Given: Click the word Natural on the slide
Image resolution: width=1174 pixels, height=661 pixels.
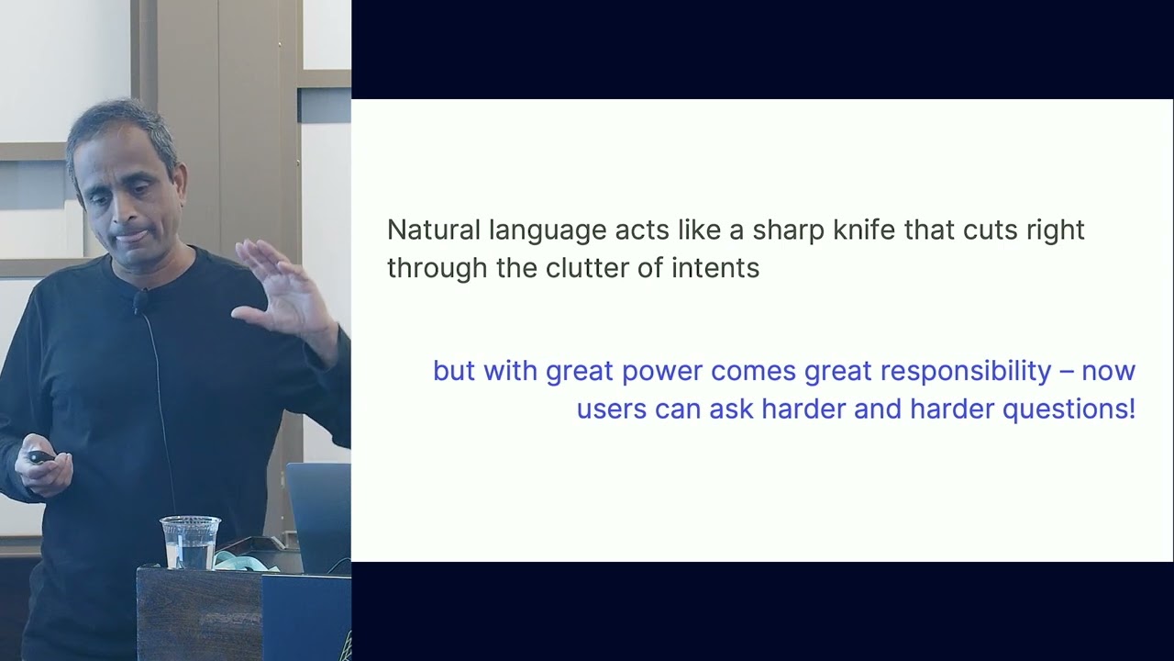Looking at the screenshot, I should pos(432,230).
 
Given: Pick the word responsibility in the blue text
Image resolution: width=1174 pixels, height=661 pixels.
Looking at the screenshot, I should pos(966,371).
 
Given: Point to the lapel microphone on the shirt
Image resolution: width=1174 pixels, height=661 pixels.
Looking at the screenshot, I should pos(141,300).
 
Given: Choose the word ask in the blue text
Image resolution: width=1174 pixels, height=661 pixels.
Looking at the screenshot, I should pos(730,409).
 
